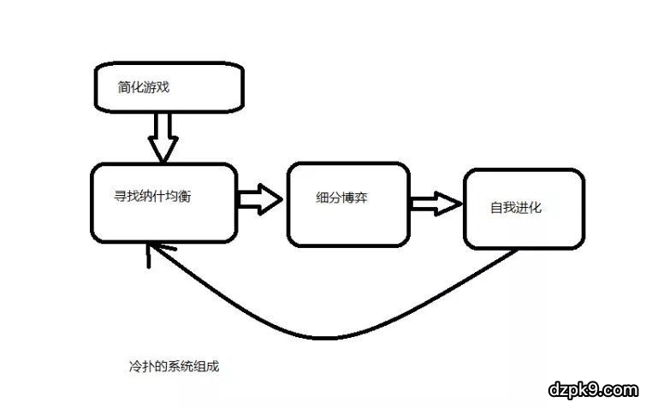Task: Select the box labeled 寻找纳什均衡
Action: coord(163,203)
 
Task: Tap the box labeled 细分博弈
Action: coord(347,203)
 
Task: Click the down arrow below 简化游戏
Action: coord(162,137)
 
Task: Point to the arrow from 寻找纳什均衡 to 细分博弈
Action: coord(260,198)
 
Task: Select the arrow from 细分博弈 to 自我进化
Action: coord(436,204)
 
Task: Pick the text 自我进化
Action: coord(516,207)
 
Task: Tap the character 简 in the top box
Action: coord(126,86)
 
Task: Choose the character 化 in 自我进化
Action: coord(536,207)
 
